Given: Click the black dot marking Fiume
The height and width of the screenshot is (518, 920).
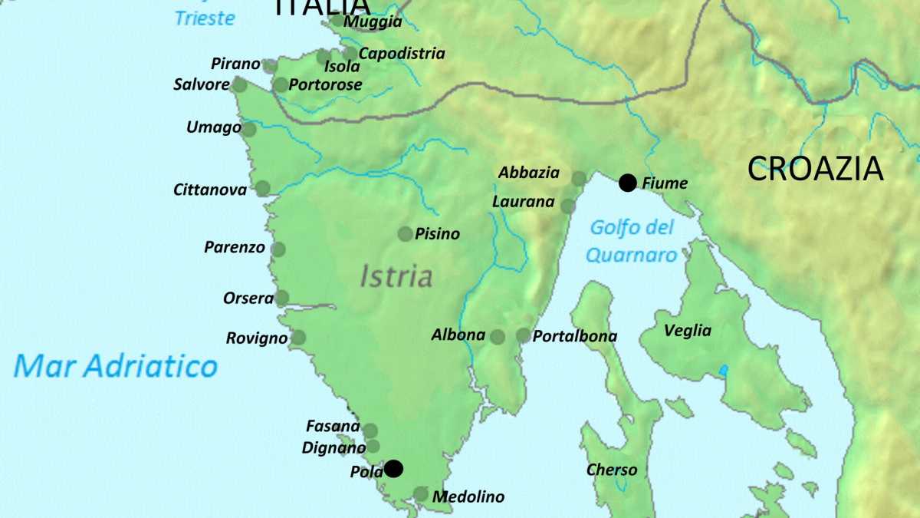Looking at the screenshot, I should (x=628, y=183).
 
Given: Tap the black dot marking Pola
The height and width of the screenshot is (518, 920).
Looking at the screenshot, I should (x=393, y=468).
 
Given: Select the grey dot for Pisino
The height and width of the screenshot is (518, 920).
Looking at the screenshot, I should (x=405, y=234).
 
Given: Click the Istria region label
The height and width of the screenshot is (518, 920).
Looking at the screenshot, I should (x=396, y=276).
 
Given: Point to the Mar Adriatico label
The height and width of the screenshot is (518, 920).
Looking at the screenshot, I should (x=116, y=366).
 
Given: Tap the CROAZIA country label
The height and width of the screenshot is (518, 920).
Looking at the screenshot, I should (x=815, y=169).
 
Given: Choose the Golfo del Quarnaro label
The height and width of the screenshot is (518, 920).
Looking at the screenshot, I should (x=632, y=241).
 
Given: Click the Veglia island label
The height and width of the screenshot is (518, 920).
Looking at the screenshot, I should (x=687, y=331).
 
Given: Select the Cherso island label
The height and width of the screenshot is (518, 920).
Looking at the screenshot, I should (x=611, y=469).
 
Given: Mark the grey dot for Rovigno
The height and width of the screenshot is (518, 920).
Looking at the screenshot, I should (x=298, y=338).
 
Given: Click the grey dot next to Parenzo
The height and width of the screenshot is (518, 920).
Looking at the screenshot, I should (x=278, y=249).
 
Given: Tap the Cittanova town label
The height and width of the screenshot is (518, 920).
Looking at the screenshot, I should (x=210, y=189).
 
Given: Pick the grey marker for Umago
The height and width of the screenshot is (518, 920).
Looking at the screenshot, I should (x=249, y=129).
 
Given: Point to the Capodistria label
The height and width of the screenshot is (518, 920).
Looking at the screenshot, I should (x=402, y=54).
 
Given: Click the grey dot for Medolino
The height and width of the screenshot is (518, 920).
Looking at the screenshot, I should (x=421, y=494).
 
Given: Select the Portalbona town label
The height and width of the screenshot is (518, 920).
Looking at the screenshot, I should (x=574, y=336).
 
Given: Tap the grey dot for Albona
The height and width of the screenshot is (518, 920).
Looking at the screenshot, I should (x=497, y=336).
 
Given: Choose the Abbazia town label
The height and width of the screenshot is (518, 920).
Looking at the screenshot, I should (x=529, y=173).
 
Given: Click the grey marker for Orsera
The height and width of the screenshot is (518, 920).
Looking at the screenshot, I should (x=282, y=298).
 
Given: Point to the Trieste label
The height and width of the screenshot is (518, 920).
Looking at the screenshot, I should (x=205, y=18).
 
